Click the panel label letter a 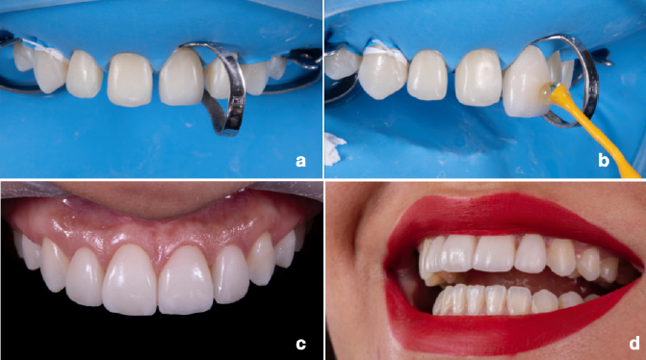tap(300, 161)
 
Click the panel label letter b tap(604, 160)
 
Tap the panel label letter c tap(300, 344)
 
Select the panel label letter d tap(634, 343)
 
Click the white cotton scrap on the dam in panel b tap(334, 149)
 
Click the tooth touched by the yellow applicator tap(527, 82)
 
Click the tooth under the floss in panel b tap(382, 74)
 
